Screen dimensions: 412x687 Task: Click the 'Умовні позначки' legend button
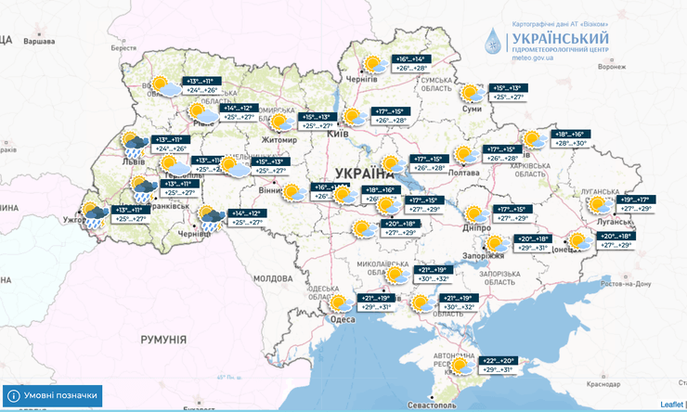pos(53,394)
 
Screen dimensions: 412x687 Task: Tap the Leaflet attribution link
pos(671,405)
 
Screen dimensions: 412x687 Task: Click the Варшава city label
pos(39,42)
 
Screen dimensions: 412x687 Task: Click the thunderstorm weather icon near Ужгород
pos(93,214)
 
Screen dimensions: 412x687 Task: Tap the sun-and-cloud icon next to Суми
pos(473,93)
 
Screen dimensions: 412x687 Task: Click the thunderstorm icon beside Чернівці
pos(211,218)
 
